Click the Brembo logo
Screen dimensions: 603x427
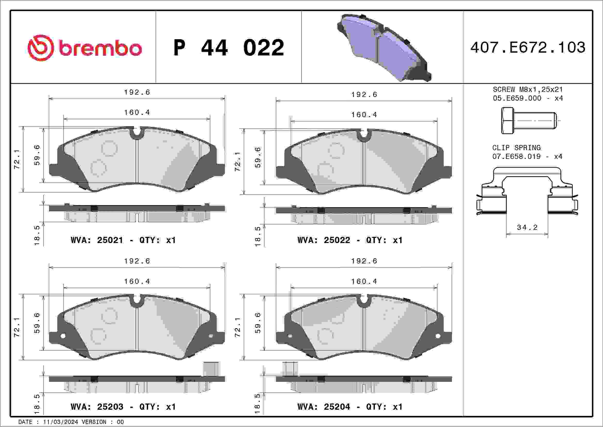[x=85, y=48]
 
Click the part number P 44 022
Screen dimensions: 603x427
[x=229, y=47]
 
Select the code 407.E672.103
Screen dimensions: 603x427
[x=528, y=47]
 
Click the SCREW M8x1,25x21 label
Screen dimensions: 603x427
[x=528, y=89]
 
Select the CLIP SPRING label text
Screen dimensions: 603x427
[x=516, y=148]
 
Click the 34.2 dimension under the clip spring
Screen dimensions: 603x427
[x=527, y=227]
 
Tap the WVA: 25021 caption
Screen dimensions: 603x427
[x=97, y=240]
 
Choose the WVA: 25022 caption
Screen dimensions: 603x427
[x=324, y=240]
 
